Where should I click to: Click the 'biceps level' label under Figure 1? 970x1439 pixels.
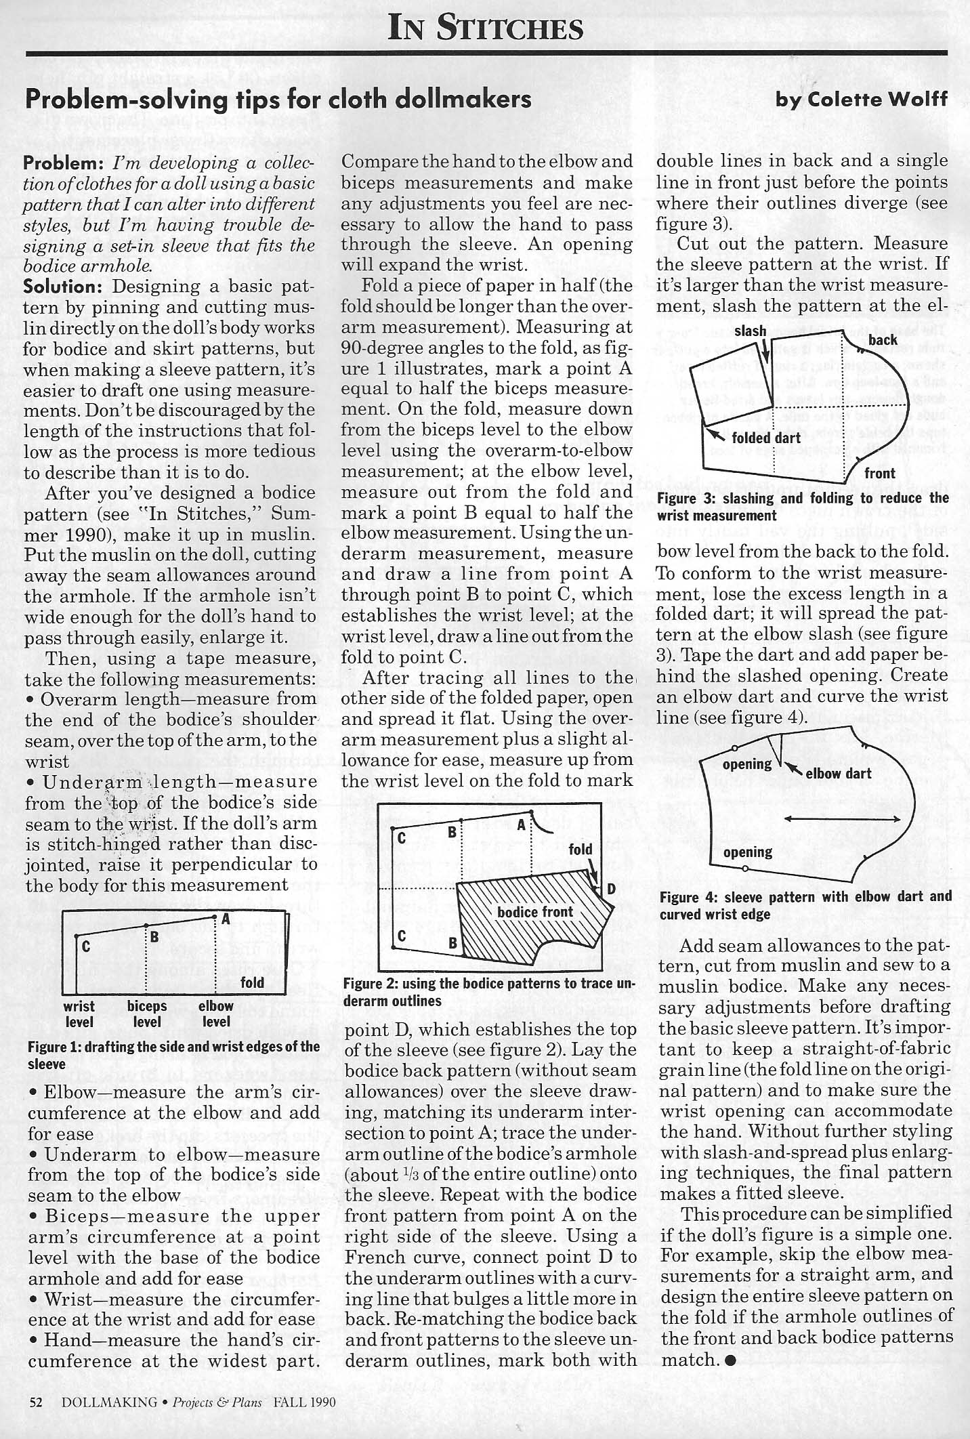tap(147, 1014)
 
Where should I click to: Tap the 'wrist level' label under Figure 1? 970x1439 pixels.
tap(79, 1014)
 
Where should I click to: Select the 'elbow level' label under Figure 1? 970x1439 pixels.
tap(216, 1014)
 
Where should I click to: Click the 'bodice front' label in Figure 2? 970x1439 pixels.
tap(535, 912)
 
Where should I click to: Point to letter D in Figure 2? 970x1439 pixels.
tap(610, 888)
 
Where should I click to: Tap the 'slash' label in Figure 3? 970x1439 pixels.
tap(750, 332)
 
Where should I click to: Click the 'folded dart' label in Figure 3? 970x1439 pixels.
tap(766, 438)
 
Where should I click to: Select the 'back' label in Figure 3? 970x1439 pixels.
tap(883, 339)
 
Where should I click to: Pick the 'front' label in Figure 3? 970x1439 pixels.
tap(880, 473)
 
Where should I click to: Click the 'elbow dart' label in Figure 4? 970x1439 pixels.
tap(838, 774)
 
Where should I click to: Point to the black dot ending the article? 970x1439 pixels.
tap(730, 1359)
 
